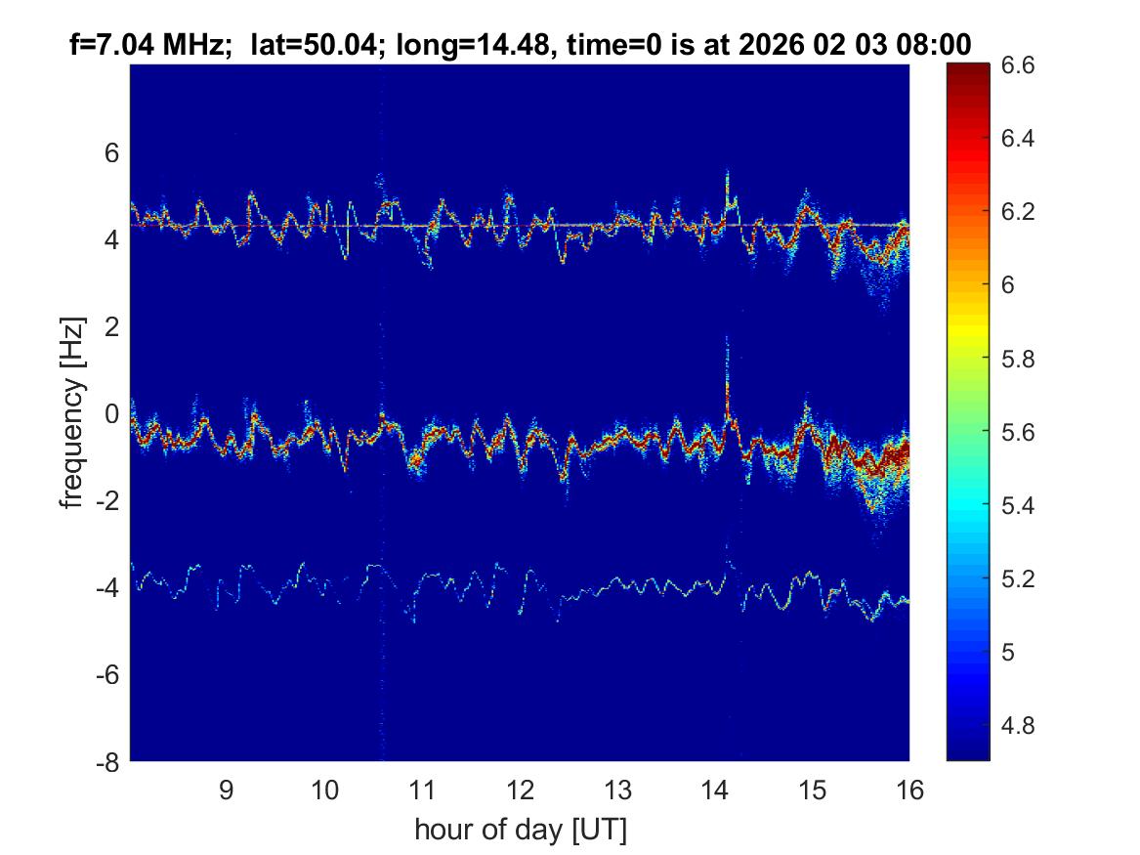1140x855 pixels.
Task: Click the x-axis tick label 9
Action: [226, 790]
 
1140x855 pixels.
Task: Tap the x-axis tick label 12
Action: [520, 790]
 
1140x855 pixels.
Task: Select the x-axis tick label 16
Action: [909, 790]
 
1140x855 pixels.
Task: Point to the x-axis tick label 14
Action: [715, 790]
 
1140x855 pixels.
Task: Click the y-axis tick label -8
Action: [106, 762]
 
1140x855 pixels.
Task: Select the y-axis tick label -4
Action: [106, 588]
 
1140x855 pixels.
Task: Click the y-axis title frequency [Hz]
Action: [73, 412]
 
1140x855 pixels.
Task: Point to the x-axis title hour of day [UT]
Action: [520, 831]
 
